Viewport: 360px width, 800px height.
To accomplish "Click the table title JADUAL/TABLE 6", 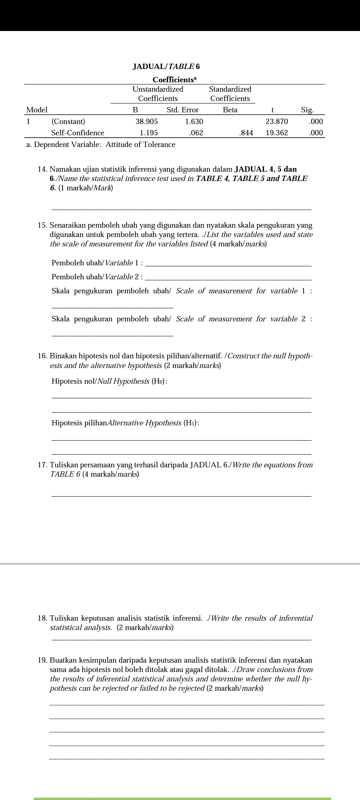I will [x=166, y=66].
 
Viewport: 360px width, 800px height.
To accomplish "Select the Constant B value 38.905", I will [x=147, y=121].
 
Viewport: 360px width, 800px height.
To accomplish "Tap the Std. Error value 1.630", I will [x=194, y=121].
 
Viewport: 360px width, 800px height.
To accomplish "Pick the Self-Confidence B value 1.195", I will [x=149, y=133].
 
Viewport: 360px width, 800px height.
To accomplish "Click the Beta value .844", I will [x=246, y=133].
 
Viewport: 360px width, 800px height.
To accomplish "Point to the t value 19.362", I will [x=277, y=133].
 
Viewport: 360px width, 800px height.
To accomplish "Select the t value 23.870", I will [x=277, y=121].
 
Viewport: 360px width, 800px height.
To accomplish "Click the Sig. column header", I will [x=307, y=110].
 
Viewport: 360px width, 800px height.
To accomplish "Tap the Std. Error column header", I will [x=182, y=110].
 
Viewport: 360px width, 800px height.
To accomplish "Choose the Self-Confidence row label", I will [x=77, y=133].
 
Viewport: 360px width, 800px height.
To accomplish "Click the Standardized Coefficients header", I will [x=230, y=94].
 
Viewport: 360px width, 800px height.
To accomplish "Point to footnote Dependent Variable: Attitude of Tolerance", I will [x=101, y=145].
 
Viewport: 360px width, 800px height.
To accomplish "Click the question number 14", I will [x=42, y=169].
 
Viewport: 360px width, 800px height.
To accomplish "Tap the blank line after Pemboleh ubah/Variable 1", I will [x=229, y=265].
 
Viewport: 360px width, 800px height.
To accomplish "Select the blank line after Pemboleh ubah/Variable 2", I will [x=229, y=279].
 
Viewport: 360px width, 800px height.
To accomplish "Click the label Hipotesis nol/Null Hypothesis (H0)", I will [x=109, y=381].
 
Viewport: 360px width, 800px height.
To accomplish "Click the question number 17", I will [x=42, y=465].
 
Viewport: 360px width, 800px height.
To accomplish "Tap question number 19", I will [x=42, y=660].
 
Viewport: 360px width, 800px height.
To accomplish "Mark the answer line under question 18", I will [x=182, y=639].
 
